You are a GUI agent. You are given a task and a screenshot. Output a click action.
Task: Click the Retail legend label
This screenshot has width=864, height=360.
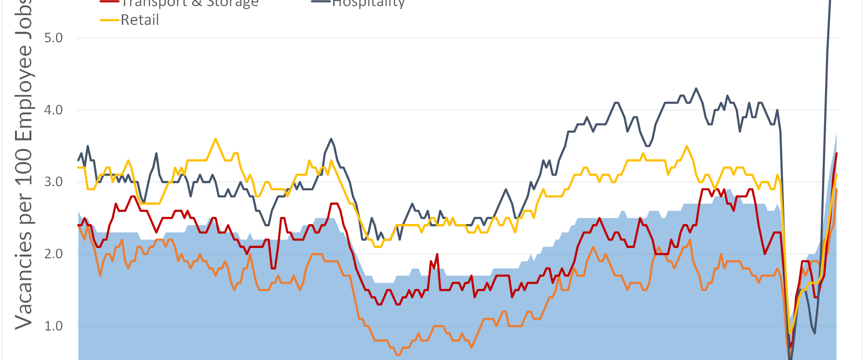(140, 20)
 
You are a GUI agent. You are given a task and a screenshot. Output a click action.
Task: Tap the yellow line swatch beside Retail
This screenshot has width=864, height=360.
(110, 20)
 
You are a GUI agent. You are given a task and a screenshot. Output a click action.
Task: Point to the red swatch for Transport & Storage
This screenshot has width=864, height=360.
(110, 2)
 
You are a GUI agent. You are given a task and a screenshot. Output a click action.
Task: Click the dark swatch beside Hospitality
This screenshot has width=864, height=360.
(321, 2)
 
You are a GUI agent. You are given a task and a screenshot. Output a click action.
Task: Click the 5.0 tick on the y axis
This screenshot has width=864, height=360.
(53, 38)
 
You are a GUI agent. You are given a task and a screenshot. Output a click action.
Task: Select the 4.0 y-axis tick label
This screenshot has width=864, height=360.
(53, 110)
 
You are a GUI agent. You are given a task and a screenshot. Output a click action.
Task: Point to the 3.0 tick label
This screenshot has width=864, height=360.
(53, 182)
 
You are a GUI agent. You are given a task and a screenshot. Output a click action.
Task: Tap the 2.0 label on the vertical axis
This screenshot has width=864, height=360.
(53, 254)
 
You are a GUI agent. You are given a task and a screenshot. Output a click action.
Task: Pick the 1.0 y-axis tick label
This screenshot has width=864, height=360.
(53, 326)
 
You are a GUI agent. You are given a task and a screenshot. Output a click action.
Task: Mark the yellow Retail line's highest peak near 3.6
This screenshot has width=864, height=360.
(216, 139)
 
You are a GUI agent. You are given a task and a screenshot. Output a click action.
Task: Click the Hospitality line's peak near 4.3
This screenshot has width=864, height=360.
(696, 88)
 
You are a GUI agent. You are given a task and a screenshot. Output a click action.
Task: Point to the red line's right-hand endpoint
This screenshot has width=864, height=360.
(837, 153)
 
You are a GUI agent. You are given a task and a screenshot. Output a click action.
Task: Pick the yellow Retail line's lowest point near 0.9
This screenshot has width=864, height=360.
(790, 333)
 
